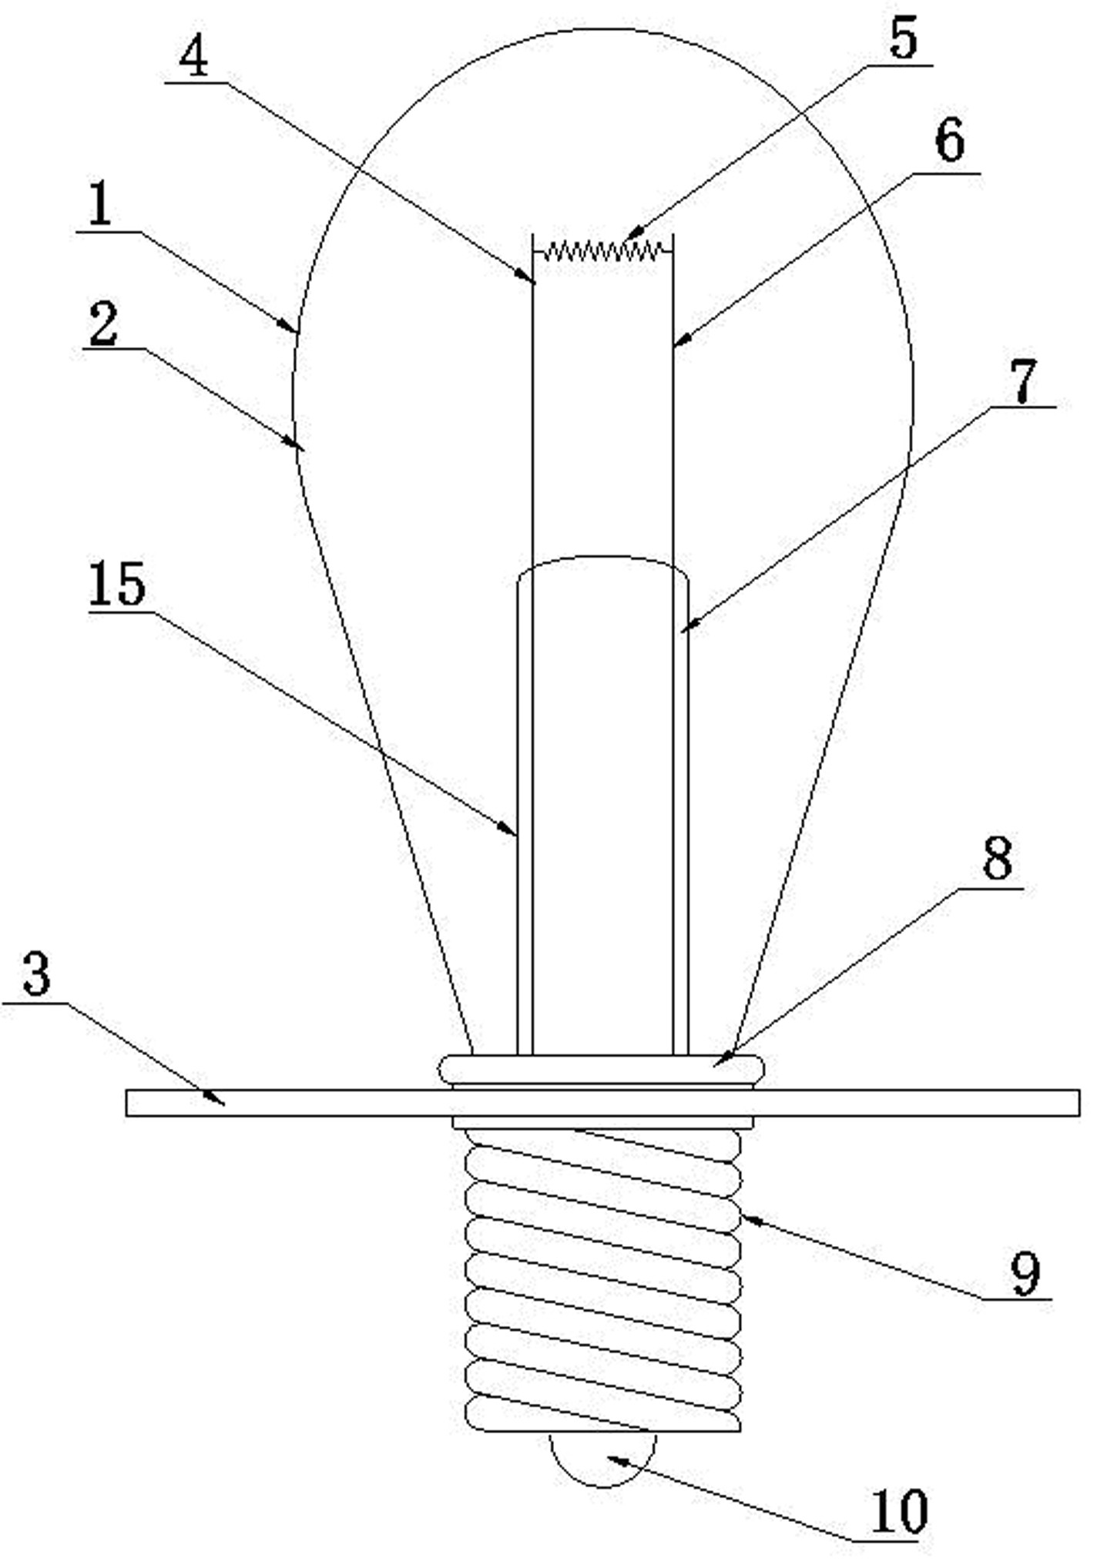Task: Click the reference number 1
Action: pos(99,206)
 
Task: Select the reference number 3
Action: pos(36,974)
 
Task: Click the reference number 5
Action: pos(904,39)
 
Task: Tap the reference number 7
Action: pos(1024,381)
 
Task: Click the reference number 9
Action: pos(1025,1275)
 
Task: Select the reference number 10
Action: pos(899,1512)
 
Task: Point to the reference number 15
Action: pos(116,585)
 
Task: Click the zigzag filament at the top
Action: pos(603,250)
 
